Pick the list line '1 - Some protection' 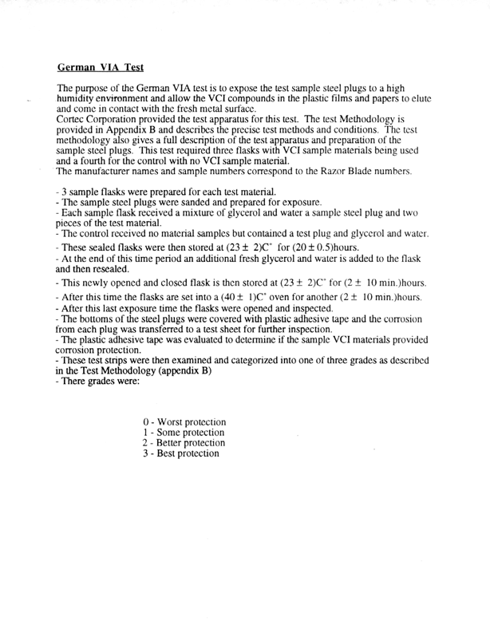coord(180,432)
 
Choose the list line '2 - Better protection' coord(183,442)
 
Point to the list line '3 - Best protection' coord(179,453)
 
